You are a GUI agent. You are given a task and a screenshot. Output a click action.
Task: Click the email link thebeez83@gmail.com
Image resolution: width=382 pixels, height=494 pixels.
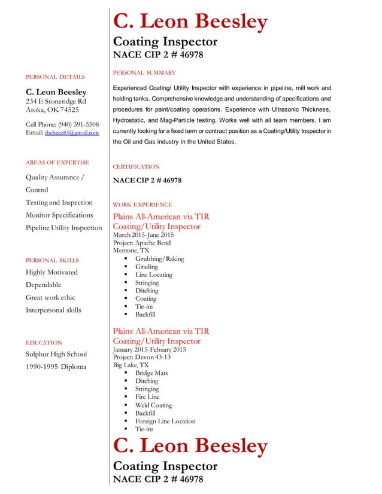[x=72, y=133]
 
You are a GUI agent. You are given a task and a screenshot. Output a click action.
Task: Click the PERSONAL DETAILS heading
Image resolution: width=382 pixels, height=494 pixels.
[x=55, y=77]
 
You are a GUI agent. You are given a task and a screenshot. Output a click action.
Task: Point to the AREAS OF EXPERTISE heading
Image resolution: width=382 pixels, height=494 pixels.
[x=57, y=162]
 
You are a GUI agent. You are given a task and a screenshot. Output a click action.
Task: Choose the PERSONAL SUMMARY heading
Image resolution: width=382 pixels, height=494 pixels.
[x=144, y=72]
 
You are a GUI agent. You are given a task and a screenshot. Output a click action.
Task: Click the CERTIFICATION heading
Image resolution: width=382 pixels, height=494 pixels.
[x=137, y=167]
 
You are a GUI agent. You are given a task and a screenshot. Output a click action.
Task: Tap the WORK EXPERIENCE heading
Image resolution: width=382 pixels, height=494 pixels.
[x=143, y=205]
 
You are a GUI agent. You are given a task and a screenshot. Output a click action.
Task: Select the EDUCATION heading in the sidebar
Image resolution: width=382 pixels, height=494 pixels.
[x=44, y=343]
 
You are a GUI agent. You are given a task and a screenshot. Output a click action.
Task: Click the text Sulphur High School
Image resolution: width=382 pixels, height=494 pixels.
[x=56, y=354]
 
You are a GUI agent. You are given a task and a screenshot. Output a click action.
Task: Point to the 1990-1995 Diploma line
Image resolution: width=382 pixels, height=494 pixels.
[x=56, y=367]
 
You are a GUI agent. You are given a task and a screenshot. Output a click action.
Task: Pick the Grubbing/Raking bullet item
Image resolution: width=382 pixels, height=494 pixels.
[x=159, y=259]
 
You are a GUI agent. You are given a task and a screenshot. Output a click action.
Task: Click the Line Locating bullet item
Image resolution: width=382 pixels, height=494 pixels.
[x=153, y=275]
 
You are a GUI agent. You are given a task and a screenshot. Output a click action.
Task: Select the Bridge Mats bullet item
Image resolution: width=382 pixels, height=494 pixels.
[x=151, y=373]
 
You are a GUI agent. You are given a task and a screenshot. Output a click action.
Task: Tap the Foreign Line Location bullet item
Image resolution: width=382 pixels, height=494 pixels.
[x=165, y=421]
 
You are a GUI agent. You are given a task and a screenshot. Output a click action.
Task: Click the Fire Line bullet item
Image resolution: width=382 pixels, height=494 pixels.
[x=147, y=397]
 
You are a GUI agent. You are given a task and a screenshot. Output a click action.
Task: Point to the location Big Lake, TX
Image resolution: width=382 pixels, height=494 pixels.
[x=131, y=365]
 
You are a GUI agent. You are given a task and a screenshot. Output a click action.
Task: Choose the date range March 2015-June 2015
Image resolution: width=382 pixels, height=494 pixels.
[x=143, y=235]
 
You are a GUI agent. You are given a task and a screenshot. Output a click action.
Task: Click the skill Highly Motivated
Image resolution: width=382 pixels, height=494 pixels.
[x=51, y=272]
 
